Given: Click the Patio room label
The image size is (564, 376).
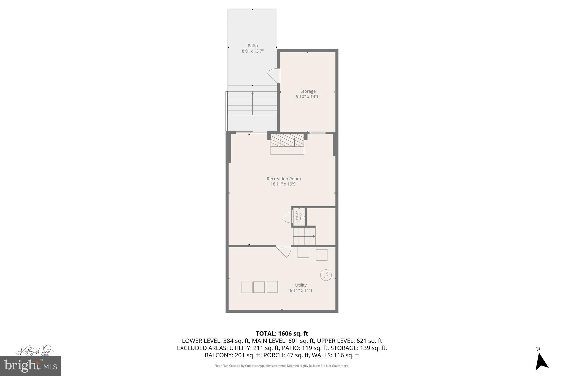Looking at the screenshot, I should click(253, 46).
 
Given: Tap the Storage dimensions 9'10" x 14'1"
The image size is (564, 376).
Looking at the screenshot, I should click(308, 96).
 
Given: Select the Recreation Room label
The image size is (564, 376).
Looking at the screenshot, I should click(284, 179).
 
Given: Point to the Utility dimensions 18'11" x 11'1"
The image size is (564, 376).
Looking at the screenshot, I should click(301, 290).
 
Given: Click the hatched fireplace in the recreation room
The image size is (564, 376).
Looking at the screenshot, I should click(287, 140).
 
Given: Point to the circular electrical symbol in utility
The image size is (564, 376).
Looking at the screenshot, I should click(326, 275).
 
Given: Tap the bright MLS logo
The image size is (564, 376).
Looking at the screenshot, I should click(31, 366).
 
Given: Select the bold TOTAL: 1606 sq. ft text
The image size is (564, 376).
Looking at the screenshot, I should click(282, 334).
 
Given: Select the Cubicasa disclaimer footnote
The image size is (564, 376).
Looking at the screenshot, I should click(282, 366).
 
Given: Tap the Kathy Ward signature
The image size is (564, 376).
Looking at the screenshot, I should click(35, 351).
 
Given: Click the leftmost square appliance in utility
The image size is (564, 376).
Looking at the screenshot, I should click(247, 287).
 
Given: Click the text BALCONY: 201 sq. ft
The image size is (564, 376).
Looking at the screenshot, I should click(233, 355).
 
